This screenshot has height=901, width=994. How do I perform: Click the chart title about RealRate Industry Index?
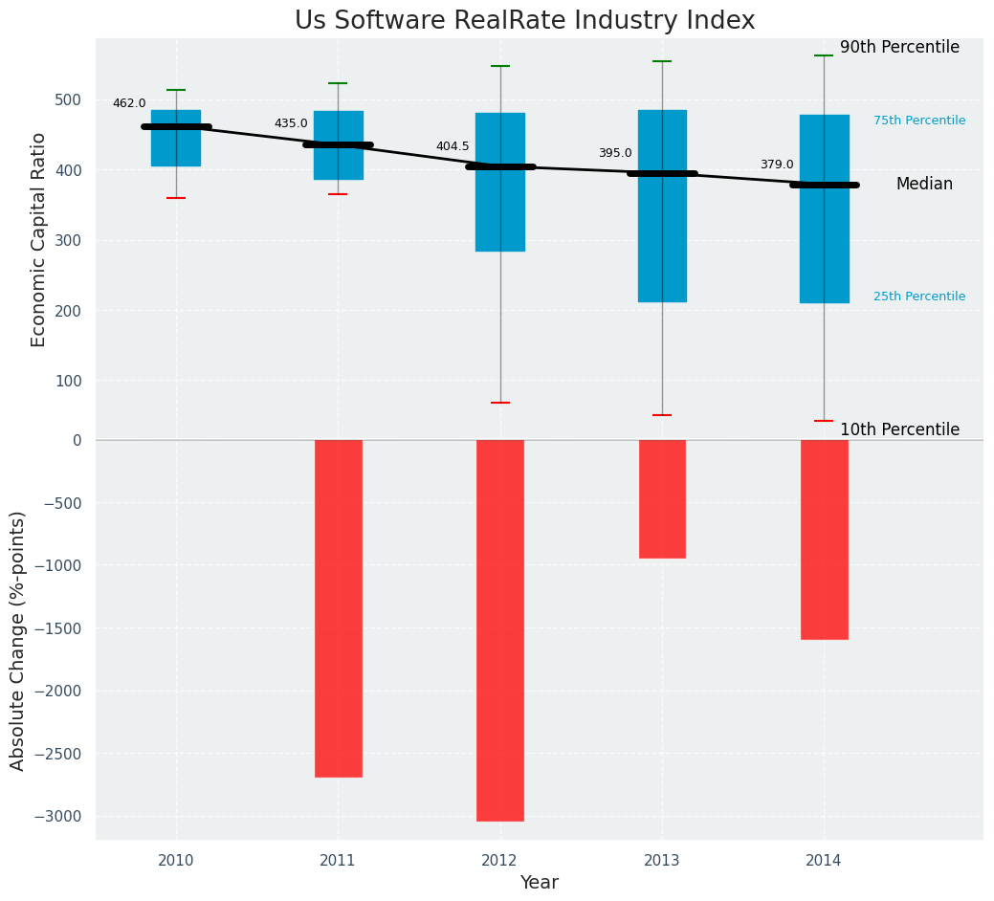(x=524, y=21)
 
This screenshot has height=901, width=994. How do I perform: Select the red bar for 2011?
(x=338, y=608)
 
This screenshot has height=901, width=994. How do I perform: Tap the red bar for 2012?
(x=499, y=630)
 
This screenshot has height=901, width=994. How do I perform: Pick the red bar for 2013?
(x=662, y=498)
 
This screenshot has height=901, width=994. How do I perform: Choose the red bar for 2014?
(x=824, y=539)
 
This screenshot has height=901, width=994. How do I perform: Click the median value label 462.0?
(x=129, y=103)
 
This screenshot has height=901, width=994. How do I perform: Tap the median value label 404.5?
(x=453, y=146)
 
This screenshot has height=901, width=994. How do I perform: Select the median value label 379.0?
(x=777, y=165)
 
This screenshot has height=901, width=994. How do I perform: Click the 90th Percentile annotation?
(x=899, y=48)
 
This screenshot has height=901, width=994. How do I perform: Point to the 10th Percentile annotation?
(x=899, y=430)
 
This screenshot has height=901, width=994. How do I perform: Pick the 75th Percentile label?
(x=919, y=121)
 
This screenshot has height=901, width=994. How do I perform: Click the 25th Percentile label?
(x=919, y=297)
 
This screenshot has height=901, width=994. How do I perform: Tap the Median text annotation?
(x=924, y=185)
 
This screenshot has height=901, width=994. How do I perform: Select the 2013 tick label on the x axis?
(x=662, y=861)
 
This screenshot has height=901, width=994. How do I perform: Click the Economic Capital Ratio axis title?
(x=39, y=239)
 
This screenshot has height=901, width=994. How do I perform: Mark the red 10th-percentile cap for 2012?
(x=499, y=403)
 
